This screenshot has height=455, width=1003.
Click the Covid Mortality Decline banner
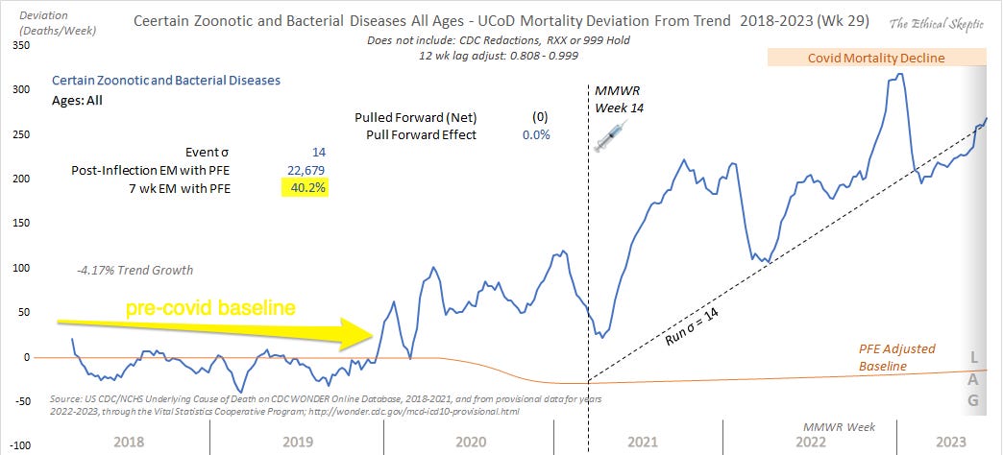pyautogui.click(x=876, y=59)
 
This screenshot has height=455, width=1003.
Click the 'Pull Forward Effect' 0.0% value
pyautogui.click(x=536, y=134)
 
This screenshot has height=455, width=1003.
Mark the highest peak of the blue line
pyautogui.click(x=898, y=75)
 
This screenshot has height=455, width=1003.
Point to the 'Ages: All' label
pyautogui.click(x=78, y=99)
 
